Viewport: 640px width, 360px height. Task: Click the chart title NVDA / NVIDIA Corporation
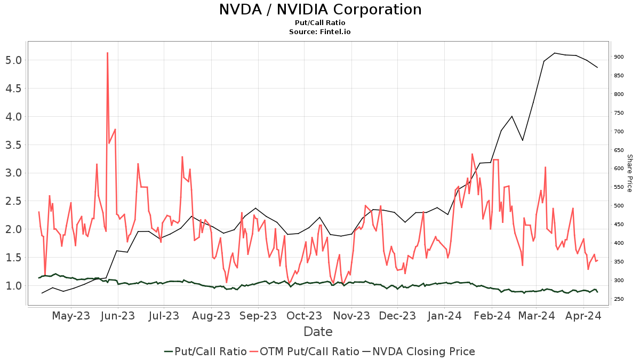[320, 10]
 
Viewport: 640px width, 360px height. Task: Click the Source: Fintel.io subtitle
[320, 32]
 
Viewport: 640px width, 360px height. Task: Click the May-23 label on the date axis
[71, 316]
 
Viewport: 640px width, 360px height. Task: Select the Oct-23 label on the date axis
[304, 316]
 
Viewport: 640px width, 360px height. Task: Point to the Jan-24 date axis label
[444, 316]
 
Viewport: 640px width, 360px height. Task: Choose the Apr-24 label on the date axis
[583, 316]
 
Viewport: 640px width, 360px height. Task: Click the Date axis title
[318, 332]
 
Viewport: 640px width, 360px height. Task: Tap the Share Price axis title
[629, 173]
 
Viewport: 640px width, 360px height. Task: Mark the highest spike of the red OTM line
[107, 53]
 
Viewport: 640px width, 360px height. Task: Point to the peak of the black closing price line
[555, 53]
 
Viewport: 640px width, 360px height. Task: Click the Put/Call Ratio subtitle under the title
[320, 23]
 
